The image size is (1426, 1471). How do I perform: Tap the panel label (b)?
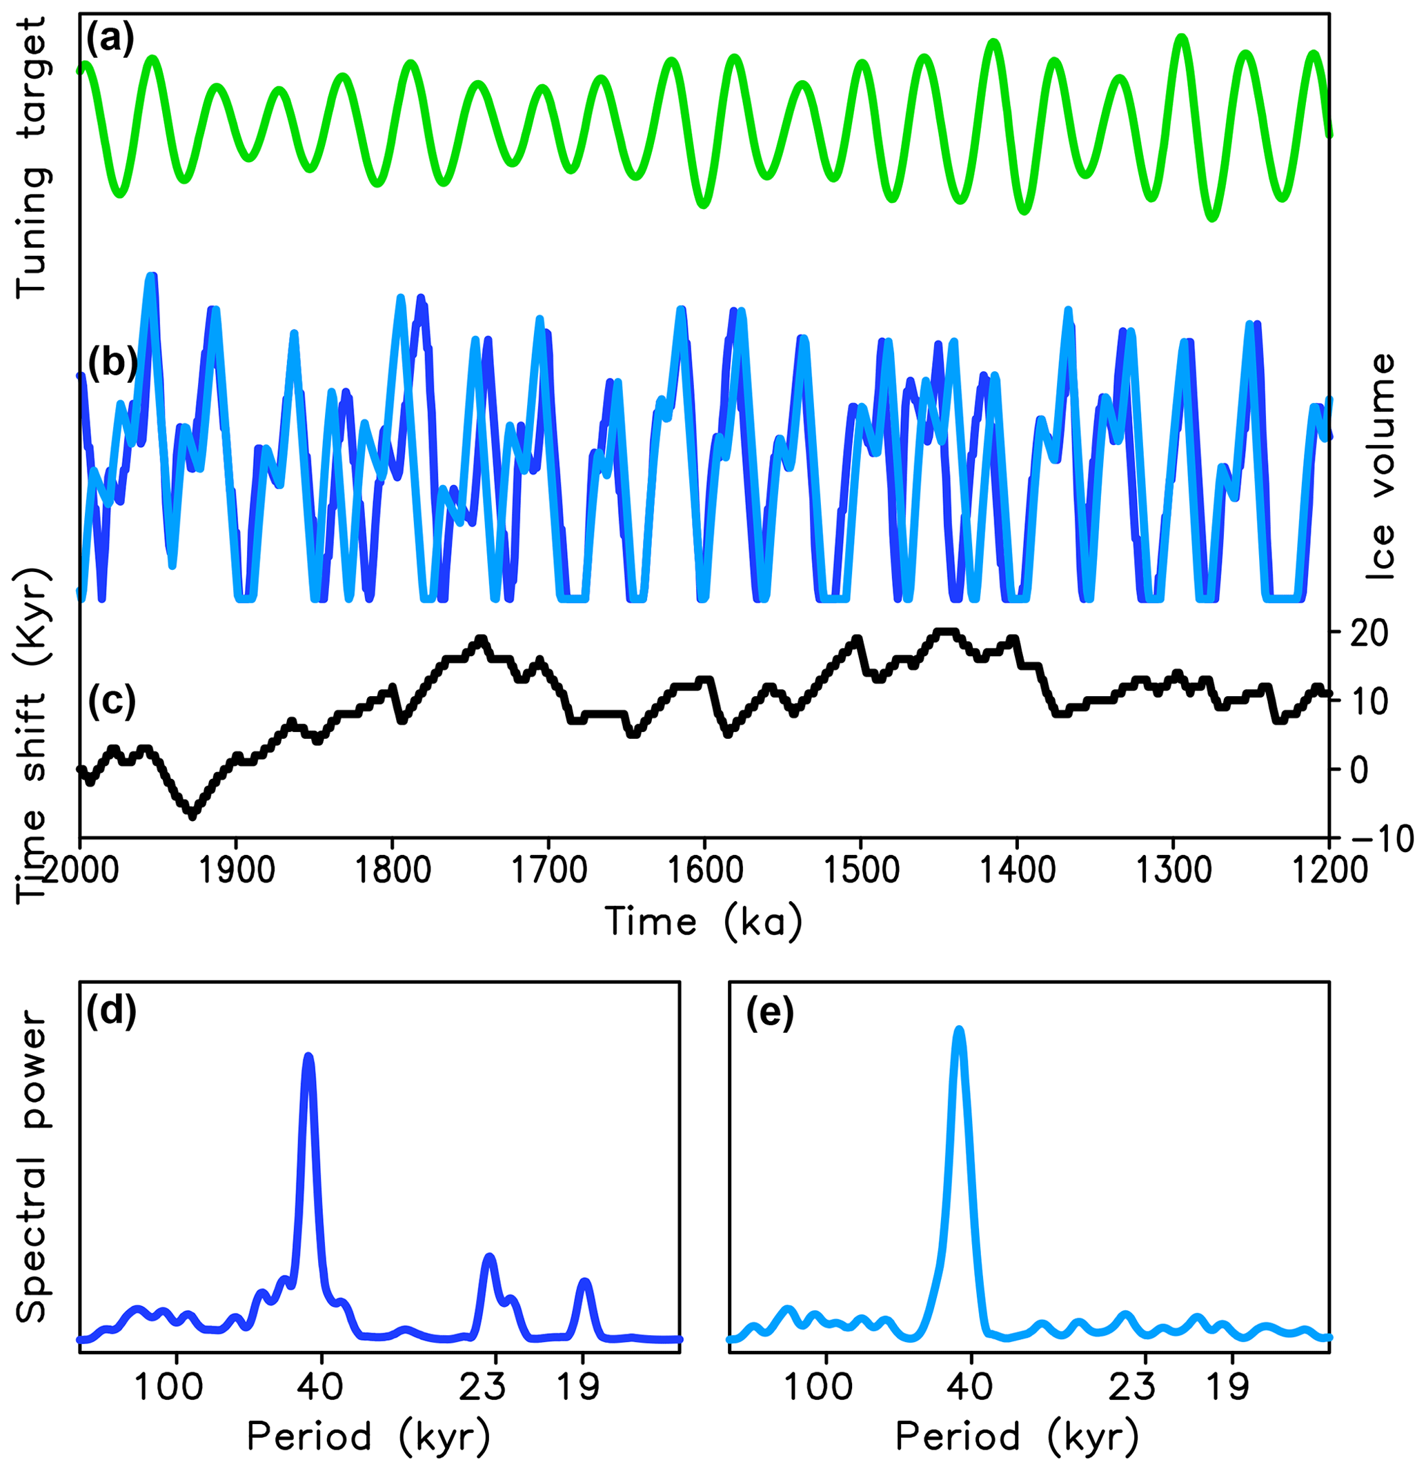[x=112, y=362]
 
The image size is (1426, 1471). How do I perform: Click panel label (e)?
[x=769, y=1013]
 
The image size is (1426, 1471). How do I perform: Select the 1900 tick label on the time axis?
[x=237, y=871]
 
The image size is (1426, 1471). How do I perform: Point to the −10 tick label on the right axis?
[x=1381, y=838]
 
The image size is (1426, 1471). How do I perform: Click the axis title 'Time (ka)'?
[x=703, y=922]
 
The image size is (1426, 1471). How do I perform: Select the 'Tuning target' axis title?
[x=32, y=157]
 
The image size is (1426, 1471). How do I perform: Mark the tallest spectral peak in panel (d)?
[x=308, y=1057]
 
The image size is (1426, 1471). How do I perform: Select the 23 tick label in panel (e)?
[x=1133, y=1388]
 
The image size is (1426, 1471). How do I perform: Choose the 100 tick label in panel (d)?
[x=168, y=1388]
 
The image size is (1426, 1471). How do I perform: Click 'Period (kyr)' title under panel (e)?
[x=1017, y=1437]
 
